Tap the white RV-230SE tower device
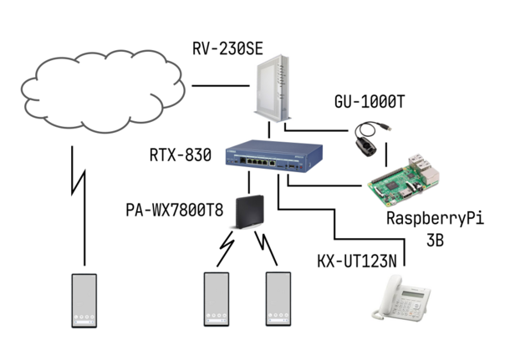coord(271,89)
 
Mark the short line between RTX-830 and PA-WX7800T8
coord(249,182)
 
